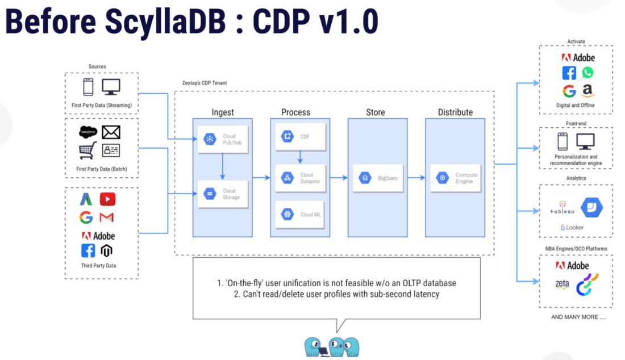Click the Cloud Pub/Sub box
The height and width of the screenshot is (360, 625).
[x=223, y=140]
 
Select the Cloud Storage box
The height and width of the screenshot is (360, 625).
[x=223, y=194]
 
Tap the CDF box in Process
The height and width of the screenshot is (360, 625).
[x=300, y=136]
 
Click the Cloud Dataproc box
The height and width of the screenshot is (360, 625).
[x=300, y=178]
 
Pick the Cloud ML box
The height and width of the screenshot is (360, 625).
[x=300, y=215]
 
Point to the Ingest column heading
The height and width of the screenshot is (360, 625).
[x=222, y=112]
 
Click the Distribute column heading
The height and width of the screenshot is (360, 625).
[x=455, y=112]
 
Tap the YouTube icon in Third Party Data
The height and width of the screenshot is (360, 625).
[x=107, y=199]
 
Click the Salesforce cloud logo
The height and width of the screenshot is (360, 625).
[x=88, y=132]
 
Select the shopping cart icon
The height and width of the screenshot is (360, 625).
[x=88, y=151]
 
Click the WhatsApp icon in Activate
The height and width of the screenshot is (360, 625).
[x=587, y=73]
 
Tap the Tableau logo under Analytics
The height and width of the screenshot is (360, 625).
[x=562, y=208]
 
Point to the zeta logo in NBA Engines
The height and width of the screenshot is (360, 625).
[x=562, y=284]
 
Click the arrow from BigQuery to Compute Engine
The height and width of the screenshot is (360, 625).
[x=415, y=178]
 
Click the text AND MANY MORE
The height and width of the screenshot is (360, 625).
[x=578, y=317]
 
